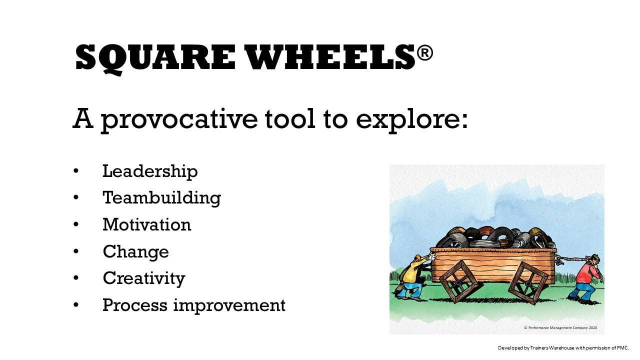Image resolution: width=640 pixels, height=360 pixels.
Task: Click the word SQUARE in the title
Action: pos(155,58)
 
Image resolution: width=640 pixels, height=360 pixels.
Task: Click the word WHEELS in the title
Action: pos(330,58)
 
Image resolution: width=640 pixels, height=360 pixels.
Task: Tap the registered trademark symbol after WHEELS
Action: pos(424,53)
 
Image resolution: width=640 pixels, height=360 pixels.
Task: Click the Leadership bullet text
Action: pos(150,171)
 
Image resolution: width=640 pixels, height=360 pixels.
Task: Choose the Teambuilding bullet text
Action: pos(161,197)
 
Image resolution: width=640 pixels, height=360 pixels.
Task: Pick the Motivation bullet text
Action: pos(147,224)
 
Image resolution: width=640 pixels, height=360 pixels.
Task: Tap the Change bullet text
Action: pos(135,251)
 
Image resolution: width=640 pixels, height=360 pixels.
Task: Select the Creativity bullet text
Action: pos(144,278)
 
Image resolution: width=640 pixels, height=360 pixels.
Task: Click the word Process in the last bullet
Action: pos(134,305)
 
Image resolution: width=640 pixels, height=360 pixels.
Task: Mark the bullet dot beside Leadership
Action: pos(76,171)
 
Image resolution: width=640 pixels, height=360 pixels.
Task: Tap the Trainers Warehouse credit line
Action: pos(563,347)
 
